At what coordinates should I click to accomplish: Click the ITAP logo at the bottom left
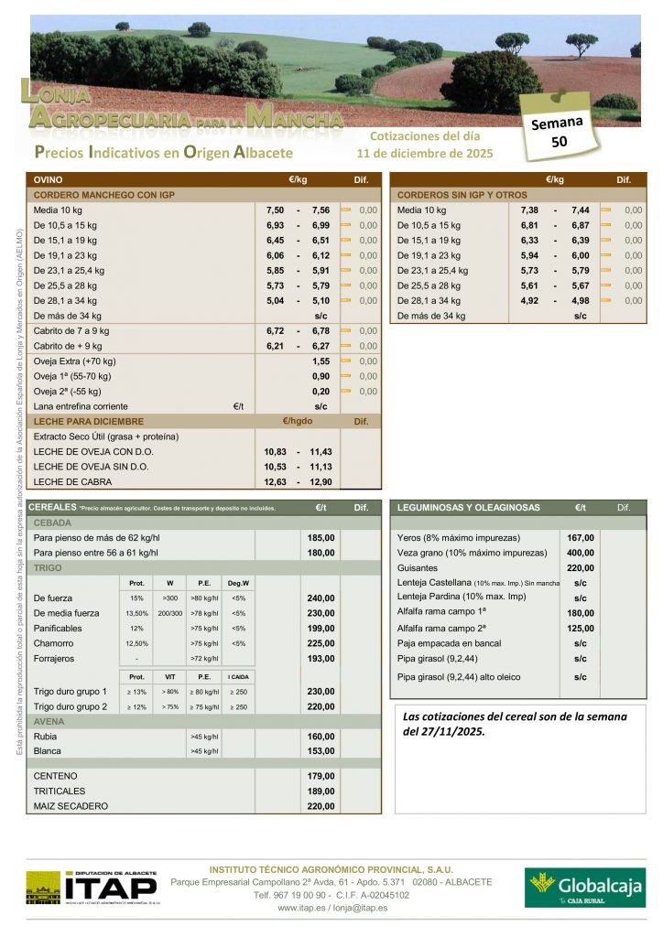coord(91,887)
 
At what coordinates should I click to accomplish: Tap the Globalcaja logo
coord(584,887)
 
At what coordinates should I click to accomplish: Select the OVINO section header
coord(49,180)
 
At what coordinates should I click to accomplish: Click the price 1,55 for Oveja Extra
coord(321,361)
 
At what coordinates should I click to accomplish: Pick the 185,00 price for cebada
coord(321,538)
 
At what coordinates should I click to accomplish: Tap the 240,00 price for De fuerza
coord(321,598)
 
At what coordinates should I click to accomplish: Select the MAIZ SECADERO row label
coord(71,806)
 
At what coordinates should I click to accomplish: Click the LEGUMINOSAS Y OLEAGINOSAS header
coord(468,508)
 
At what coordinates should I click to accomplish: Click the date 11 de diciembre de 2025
coord(425,153)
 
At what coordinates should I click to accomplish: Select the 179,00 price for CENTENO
coord(321,776)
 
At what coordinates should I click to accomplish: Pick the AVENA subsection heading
coord(49,721)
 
